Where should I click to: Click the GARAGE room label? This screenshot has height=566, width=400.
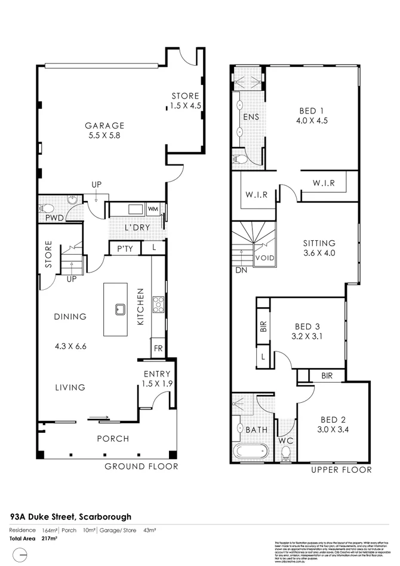[104, 126]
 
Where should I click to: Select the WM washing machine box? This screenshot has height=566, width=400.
[152, 209]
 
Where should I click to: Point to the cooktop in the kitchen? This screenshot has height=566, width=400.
[159, 304]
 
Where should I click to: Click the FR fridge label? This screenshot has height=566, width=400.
[158, 347]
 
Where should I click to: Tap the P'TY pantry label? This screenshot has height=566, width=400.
[124, 247]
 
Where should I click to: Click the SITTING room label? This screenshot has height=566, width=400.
[319, 243]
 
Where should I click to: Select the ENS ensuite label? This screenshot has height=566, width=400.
[251, 117]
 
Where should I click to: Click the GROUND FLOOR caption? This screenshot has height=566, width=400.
[141, 466]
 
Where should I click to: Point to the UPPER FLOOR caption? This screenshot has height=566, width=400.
[341, 470]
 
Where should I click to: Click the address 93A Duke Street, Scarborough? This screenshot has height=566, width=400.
[70, 516]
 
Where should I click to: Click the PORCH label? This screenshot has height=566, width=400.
[113, 439]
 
